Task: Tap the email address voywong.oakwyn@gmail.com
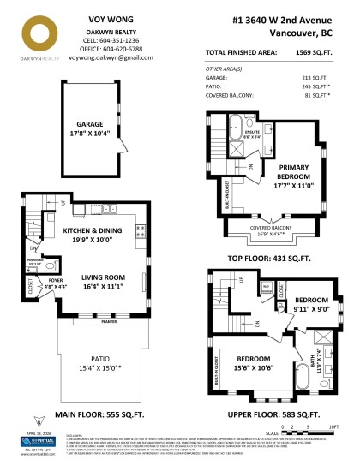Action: (107, 59)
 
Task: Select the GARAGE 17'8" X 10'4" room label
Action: (87, 128)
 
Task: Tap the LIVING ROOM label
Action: (103, 282)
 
